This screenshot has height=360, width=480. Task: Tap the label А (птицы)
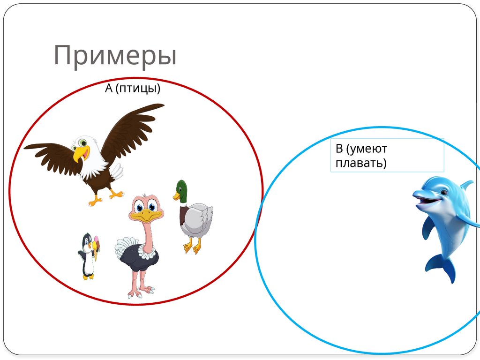pyautogui.click(x=133, y=88)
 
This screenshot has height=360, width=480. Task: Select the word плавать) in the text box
pyautogui.click(x=361, y=164)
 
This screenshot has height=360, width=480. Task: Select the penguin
pyautogui.click(x=87, y=256)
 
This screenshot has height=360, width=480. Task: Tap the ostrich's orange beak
pyautogui.click(x=146, y=216)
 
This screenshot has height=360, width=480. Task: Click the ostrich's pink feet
pyautogui.click(x=141, y=293)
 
